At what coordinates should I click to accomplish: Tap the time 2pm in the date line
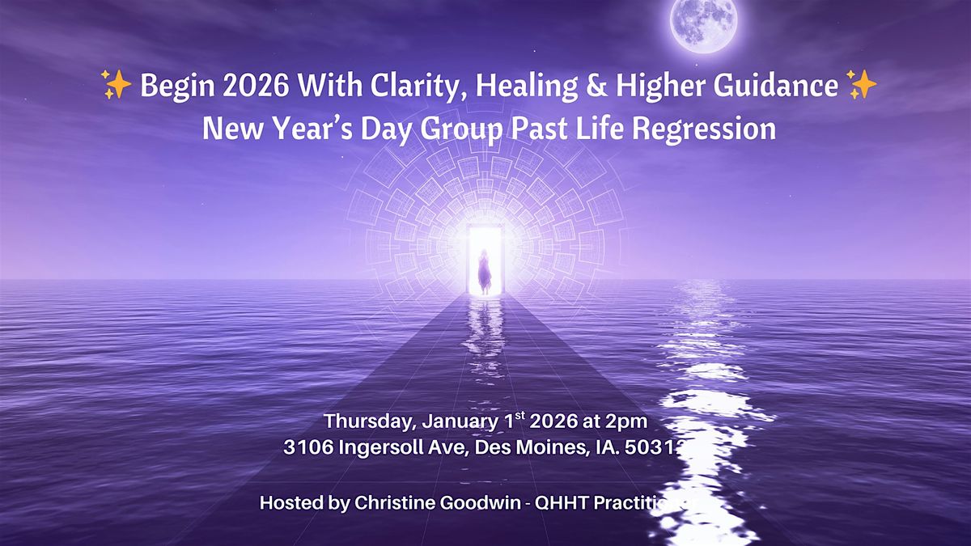(x=629, y=422)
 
